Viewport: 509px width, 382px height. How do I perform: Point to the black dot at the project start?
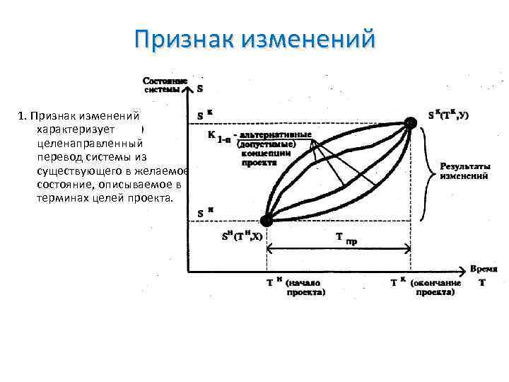click(267, 221)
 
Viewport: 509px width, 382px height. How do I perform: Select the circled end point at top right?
click(410, 123)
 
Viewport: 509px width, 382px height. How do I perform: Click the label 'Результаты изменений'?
click(464, 170)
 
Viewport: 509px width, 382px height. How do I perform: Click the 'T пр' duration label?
click(345, 238)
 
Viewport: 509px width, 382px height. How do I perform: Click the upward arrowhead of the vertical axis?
click(187, 89)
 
